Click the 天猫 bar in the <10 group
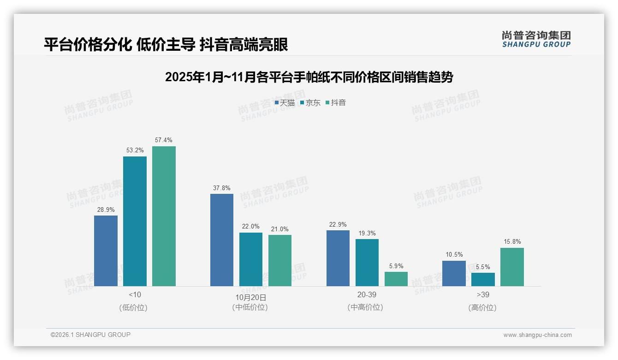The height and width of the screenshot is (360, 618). [x=106, y=251]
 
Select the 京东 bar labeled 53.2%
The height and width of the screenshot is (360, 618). [x=135, y=221]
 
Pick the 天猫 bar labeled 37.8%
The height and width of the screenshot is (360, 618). [x=222, y=240]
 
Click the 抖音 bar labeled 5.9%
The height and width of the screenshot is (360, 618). [x=396, y=279]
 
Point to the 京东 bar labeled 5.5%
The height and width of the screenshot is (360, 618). [x=483, y=279]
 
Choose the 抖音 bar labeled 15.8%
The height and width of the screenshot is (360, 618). [x=512, y=267]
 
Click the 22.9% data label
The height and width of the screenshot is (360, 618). [x=338, y=224]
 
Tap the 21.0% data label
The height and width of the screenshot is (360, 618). [x=280, y=229]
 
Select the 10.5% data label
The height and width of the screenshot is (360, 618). [x=454, y=255]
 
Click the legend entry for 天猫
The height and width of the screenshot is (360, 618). [x=285, y=103]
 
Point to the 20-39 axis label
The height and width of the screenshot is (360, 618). [x=367, y=294]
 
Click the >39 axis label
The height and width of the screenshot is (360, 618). [x=483, y=294]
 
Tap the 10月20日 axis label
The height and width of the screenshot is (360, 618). [x=250, y=297]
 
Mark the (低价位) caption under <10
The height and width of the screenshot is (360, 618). [x=133, y=307]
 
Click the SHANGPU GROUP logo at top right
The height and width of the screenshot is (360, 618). [x=536, y=39]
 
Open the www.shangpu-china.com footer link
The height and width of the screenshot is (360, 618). [x=537, y=335]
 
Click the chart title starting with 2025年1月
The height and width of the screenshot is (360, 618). [x=309, y=77]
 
